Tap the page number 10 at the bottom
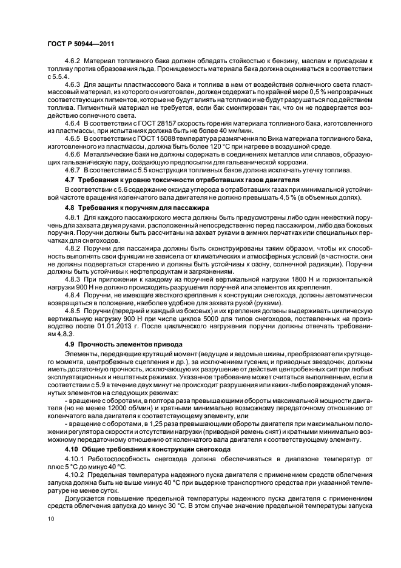pos(51,519)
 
